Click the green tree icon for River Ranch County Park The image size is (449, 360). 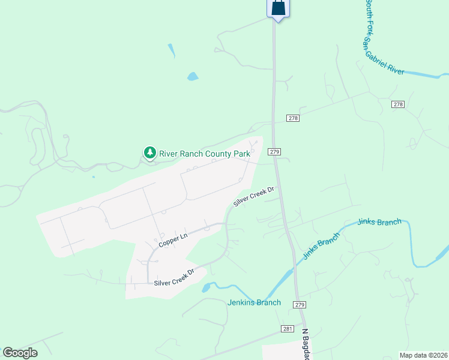[x=149, y=153]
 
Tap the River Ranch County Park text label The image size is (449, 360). [x=204, y=154]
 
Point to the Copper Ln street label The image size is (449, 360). [x=173, y=241]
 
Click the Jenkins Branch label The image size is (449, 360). [x=254, y=302]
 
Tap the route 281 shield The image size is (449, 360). [x=286, y=328]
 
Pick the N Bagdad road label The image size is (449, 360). [x=307, y=344]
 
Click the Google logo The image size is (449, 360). [x=20, y=353]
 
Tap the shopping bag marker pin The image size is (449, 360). [x=278, y=8]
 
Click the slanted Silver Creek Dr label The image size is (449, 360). [x=253, y=196]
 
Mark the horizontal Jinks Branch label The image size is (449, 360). [x=379, y=222]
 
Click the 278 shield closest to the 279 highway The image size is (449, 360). [x=292, y=118]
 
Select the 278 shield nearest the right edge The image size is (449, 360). [x=398, y=104]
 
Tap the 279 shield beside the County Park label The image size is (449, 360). [x=274, y=152]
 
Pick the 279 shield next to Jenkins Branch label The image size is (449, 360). [x=300, y=305]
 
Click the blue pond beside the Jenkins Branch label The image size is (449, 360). [x=206, y=288]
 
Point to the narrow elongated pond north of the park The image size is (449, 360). [x=172, y=51]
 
